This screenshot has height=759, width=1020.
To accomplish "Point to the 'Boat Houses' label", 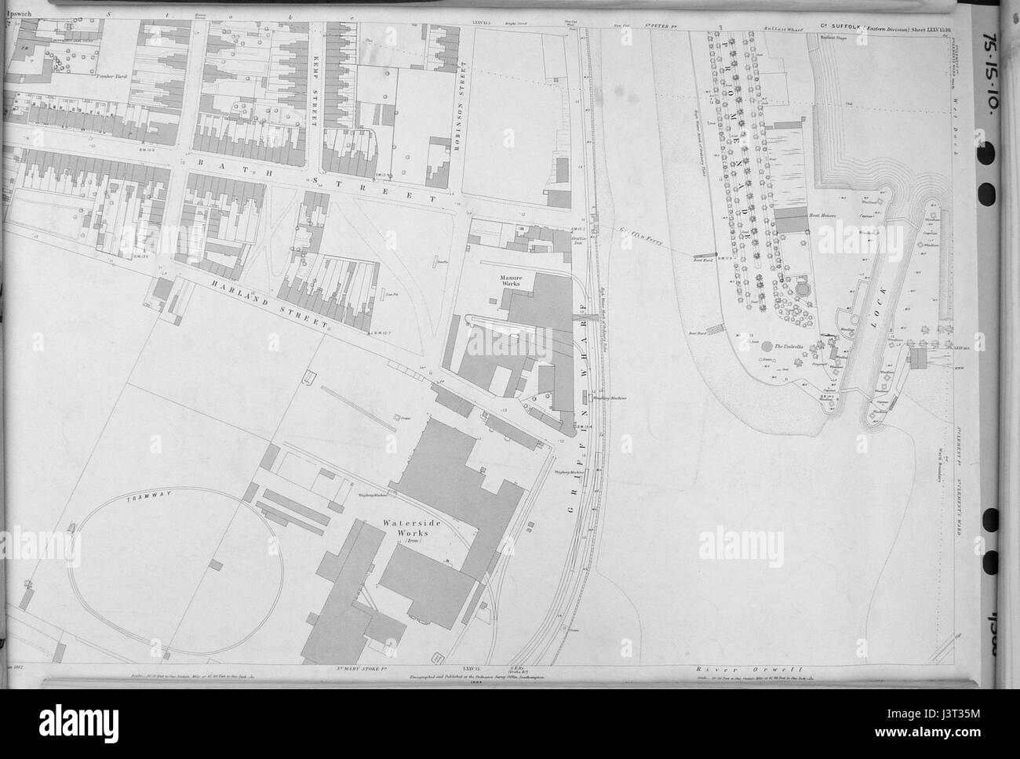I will click(x=827, y=213).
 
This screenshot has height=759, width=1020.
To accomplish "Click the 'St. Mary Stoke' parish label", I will click(x=348, y=670).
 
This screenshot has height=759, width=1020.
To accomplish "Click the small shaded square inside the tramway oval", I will click(x=218, y=563).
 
